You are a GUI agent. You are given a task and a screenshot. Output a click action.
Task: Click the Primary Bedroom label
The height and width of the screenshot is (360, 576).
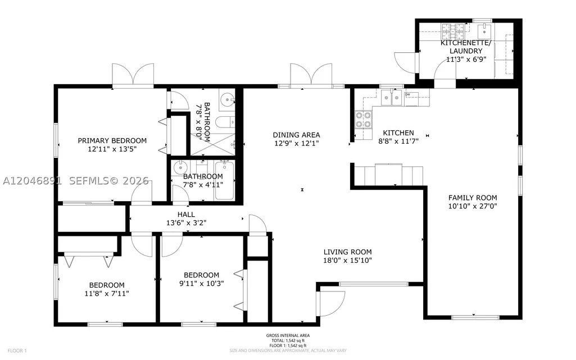click(x=112, y=140)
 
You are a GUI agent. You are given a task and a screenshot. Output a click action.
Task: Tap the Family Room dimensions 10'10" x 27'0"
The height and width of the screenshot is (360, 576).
click(x=473, y=206)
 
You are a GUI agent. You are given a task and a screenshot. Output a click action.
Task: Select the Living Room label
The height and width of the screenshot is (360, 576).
click(x=347, y=252)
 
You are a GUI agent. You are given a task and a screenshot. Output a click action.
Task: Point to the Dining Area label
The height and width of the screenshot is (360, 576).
click(x=296, y=135)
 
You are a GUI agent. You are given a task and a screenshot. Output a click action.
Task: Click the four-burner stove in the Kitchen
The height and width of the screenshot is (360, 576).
click(x=364, y=120)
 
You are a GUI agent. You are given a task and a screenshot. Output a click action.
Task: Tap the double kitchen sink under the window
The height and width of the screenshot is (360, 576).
click(x=392, y=98)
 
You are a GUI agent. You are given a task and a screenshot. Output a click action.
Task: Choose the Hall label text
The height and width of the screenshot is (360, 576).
click(x=186, y=215)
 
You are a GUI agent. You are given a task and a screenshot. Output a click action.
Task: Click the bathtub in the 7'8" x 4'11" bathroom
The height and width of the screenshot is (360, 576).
click(x=224, y=180)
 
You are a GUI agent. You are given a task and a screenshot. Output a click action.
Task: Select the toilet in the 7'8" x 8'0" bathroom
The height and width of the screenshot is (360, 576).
click(x=224, y=122)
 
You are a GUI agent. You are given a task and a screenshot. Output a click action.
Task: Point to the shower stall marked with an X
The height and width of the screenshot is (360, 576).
click(x=213, y=144)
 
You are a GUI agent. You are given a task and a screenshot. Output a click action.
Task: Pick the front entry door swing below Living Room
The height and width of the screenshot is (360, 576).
click(x=330, y=303)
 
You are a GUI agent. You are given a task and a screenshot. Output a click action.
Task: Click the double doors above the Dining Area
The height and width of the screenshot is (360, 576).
click(x=311, y=75)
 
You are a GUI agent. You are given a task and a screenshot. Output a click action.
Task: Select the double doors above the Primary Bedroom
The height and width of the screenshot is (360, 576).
click(x=133, y=75)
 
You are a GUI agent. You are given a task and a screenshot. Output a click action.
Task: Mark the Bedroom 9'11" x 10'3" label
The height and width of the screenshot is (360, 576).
click(x=202, y=275)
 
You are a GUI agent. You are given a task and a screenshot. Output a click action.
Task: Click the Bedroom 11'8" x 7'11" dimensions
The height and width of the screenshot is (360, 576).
click(x=107, y=294)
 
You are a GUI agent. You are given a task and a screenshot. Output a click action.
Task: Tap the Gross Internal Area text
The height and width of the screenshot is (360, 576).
click(x=288, y=335)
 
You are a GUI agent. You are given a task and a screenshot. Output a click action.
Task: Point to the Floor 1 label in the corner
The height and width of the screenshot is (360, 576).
click(x=17, y=351)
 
